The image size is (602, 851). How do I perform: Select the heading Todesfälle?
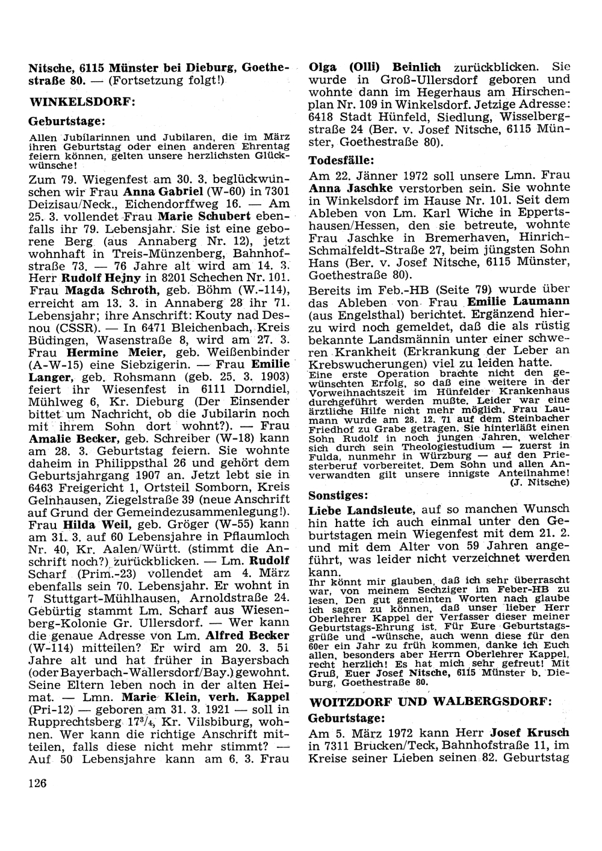pos(342,161)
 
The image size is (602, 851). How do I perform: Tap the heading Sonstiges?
pos(338,496)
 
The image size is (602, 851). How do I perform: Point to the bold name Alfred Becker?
pos(247,635)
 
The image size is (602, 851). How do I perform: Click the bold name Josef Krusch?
pos(530,733)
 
